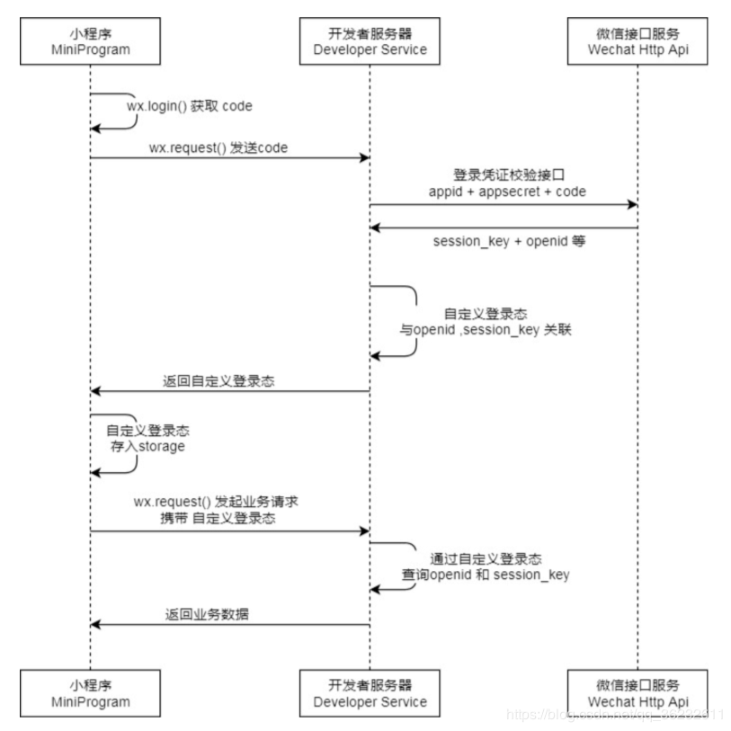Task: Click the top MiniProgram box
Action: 90,41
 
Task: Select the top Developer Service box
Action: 369,41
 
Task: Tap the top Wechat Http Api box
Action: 637,41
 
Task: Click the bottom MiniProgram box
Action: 90,693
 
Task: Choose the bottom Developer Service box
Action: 369,693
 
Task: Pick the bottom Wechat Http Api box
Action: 637,693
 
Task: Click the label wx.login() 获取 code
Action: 190,106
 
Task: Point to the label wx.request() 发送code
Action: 218,147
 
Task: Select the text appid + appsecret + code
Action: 507,192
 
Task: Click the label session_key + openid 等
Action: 509,241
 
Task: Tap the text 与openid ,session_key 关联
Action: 486,329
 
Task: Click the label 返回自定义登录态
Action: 219,381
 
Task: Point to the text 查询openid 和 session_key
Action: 486,574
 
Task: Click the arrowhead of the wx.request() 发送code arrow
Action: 364,158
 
